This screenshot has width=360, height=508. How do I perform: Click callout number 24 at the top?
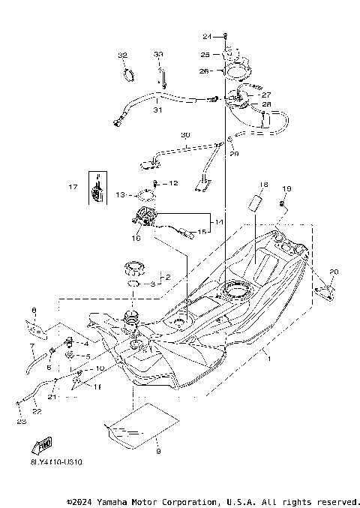click(207, 36)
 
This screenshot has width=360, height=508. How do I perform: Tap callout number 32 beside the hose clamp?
click(123, 56)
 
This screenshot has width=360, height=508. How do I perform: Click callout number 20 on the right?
click(334, 272)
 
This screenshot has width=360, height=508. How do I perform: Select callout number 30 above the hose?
click(185, 135)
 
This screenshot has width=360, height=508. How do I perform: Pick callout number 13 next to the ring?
click(120, 194)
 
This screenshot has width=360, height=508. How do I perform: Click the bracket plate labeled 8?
click(36, 327)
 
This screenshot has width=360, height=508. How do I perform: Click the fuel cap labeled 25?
click(232, 55)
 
